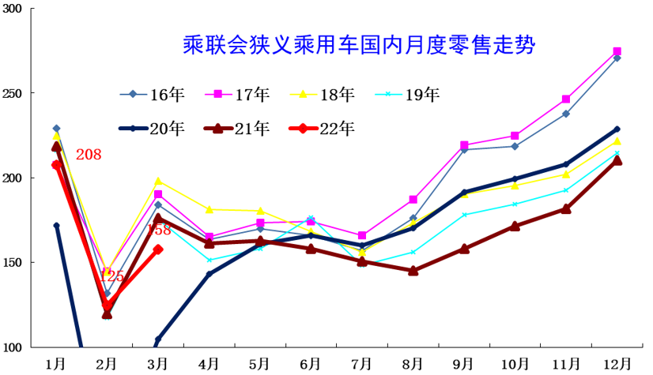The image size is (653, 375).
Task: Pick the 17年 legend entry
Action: [238, 95]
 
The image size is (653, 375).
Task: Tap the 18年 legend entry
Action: [323, 95]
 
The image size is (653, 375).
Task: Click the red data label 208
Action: [89, 155]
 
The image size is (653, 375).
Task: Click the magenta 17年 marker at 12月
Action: [617, 52]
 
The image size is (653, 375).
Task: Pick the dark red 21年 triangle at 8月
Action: [413, 271]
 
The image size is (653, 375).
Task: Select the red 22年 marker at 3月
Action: [158, 249]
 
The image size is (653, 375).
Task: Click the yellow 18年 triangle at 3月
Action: [158, 182]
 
